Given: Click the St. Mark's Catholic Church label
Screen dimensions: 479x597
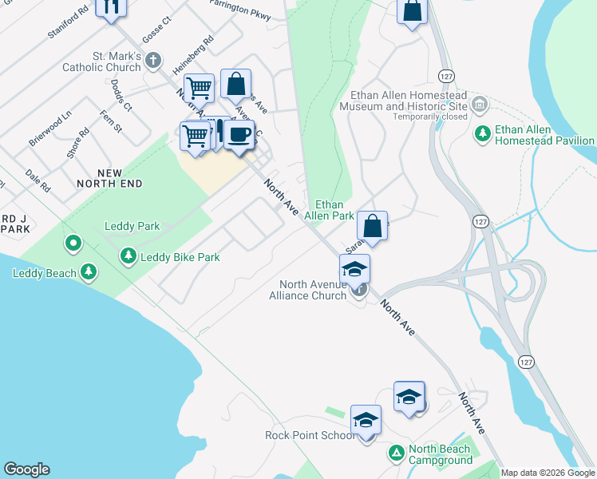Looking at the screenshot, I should point(101,62).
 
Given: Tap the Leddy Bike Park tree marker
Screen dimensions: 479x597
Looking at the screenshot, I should point(128,256).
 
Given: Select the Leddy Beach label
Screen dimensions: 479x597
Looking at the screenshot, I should point(45,273).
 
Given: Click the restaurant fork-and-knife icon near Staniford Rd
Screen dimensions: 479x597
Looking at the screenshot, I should point(111,6).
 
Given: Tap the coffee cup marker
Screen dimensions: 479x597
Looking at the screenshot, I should point(238,133).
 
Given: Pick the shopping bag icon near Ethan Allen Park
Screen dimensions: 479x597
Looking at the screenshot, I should point(372,226).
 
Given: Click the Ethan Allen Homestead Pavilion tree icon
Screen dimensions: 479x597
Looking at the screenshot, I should point(482,133).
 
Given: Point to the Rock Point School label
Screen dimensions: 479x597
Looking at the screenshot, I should point(310,435).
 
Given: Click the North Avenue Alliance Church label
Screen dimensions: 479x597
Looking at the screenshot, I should point(311,290).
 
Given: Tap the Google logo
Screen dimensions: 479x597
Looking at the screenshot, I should point(26,469).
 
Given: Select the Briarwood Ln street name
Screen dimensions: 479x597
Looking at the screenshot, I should point(49,128).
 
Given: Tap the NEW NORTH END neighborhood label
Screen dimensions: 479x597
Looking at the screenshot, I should point(109,178).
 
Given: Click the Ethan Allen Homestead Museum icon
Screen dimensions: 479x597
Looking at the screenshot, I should point(480,105).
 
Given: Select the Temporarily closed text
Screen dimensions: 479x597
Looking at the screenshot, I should point(429,117).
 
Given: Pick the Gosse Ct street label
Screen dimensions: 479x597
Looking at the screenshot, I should point(156,30).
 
